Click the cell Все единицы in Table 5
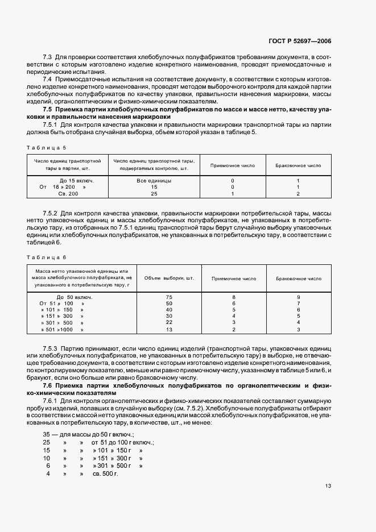(x=154, y=180)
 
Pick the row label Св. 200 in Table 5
(x=65, y=193)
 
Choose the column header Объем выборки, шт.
(x=170, y=279)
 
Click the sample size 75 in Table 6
(x=169, y=297)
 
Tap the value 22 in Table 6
(x=169, y=322)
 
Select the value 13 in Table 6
(x=169, y=329)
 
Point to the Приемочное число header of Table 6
(x=234, y=279)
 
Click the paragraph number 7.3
(x=48, y=58)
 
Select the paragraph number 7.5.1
(x=51, y=124)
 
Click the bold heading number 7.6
(x=48, y=386)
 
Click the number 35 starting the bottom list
(x=47, y=434)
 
